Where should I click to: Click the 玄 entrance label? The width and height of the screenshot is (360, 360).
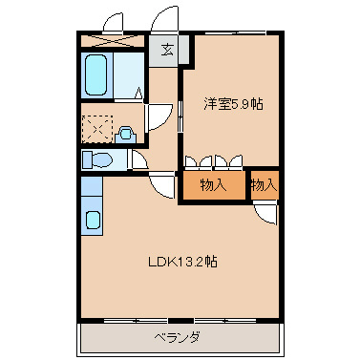(167, 50)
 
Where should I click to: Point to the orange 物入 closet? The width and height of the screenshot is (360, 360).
(214, 185)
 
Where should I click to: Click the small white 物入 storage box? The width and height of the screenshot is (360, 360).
(264, 185)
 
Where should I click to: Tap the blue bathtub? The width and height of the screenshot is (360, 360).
(96, 75)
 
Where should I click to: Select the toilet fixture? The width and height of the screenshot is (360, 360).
(96, 159)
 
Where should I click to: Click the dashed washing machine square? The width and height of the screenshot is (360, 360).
(96, 128)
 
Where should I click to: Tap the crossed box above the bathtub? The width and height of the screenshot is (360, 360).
(113, 41)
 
